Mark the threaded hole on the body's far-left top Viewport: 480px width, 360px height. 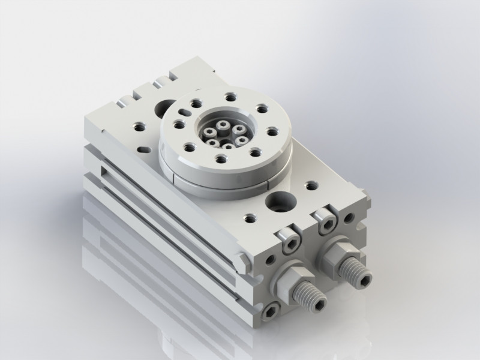coord(137,126)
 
